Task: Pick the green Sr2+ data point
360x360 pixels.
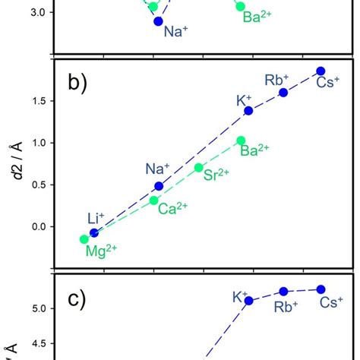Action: click(199, 167)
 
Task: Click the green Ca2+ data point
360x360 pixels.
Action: click(154, 201)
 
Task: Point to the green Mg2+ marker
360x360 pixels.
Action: click(84, 239)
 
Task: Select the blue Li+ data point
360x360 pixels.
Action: click(94, 232)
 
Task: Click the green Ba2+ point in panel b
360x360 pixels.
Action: click(241, 141)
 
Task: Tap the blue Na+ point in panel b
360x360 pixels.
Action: click(159, 186)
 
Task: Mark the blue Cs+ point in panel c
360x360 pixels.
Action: click(321, 289)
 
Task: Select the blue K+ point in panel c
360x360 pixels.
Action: click(248, 301)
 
